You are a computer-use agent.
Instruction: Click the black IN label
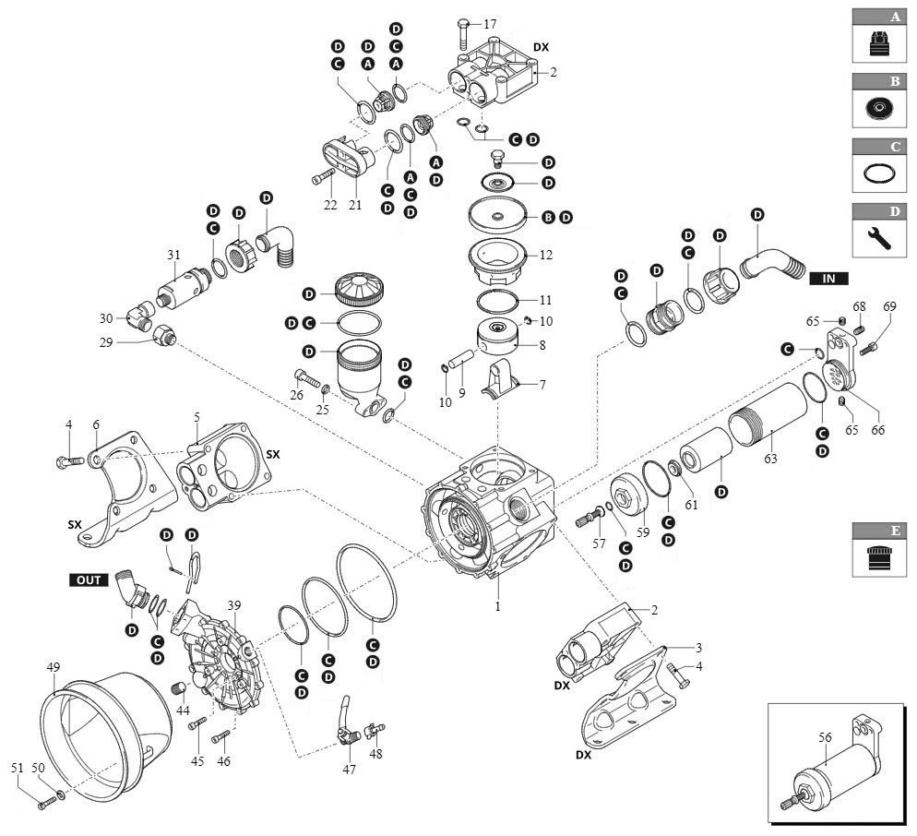pos(828,277)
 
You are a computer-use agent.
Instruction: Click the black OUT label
pos(89,579)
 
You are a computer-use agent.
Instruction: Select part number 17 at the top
pos(489,23)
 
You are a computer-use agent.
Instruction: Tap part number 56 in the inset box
pos(826,737)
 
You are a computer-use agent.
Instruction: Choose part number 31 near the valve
pos(173,255)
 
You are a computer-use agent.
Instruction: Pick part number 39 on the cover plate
pos(233,605)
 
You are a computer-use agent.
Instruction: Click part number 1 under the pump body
pos(497,607)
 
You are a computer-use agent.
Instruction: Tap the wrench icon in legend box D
pos(883,238)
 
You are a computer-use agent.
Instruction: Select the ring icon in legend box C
pos(883,173)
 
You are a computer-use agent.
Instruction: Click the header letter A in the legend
pos(894,17)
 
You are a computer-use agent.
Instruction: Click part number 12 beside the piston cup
pos(545,254)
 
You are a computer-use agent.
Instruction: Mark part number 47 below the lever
pos(349,769)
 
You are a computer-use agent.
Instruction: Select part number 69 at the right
pos(889,306)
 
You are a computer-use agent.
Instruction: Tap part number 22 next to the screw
pos(330,205)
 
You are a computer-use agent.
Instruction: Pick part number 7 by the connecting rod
pos(542,385)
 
